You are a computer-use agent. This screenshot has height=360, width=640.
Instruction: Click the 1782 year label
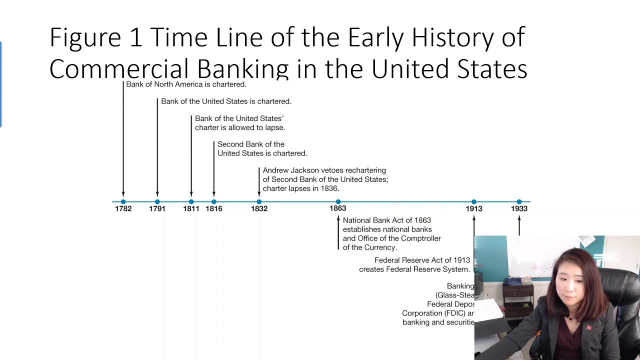(x=123, y=208)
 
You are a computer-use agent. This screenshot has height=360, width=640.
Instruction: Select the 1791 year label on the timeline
(x=157, y=208)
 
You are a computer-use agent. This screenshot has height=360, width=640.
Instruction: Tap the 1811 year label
(x=191, y=208)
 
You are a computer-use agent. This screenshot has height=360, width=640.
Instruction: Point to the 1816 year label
(x=214, y=208)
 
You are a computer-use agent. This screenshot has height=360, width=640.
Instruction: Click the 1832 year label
(x=259, y=208)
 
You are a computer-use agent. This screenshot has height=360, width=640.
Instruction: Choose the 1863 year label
(x=338, y=208)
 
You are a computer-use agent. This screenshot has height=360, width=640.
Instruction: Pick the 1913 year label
(x=474, y=208)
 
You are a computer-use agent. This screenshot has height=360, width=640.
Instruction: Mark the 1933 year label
(x=519, y=208)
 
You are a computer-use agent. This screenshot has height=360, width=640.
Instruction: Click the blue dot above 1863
(x=338, y=201)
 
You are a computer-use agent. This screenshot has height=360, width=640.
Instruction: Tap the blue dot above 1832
(x=259, y=201)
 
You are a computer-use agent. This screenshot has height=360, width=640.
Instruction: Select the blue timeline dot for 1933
(x=519, y=201)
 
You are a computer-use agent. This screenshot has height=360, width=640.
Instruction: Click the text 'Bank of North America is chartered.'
(x=186, y=84)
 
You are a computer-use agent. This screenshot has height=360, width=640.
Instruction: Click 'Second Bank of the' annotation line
(x=251, y=144)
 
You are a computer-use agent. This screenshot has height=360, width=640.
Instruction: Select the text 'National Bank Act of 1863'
(x=386, y=220)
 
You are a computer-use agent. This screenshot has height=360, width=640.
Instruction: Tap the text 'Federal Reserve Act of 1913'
(x=422, y=260)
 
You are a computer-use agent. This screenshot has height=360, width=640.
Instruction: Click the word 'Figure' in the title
(x=85, y=38)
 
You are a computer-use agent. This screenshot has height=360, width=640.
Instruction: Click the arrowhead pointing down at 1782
(x=123, y=194)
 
